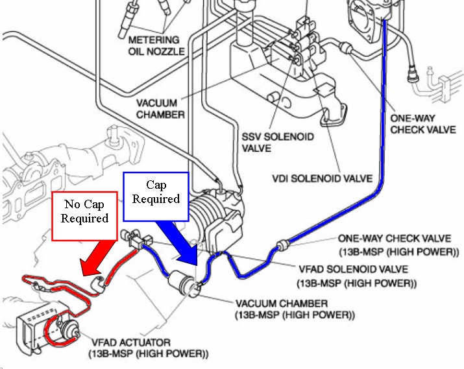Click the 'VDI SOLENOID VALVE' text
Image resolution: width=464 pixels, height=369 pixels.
point(330,177)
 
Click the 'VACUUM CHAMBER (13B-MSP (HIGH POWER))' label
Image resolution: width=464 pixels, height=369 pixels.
point(295,309)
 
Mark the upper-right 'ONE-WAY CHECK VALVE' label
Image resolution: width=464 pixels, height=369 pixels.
point(422,124)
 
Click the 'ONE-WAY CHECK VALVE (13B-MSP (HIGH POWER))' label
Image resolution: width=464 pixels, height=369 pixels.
point(394,244)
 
